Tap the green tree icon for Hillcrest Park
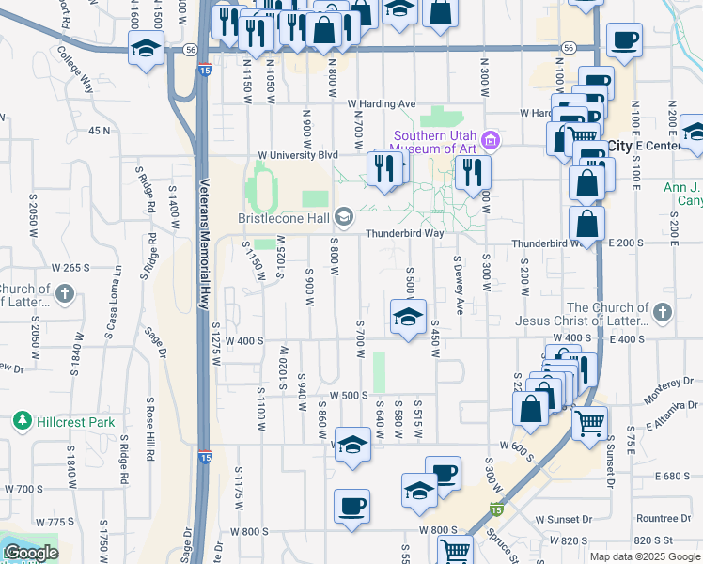pyautogui.click(x=21, y=422)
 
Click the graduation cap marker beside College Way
pyautogui.click(x=146, y=48)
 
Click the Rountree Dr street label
pyautogui.click(x=663, y=518)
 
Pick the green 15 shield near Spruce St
pyautogui.click(x=494, y=509)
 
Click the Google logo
pyautogui.click(x=30, y=553)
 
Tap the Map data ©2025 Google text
pyautogui.click(x=644, y=556)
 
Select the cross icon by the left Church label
pyautogui.click(x=65, y=293)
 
